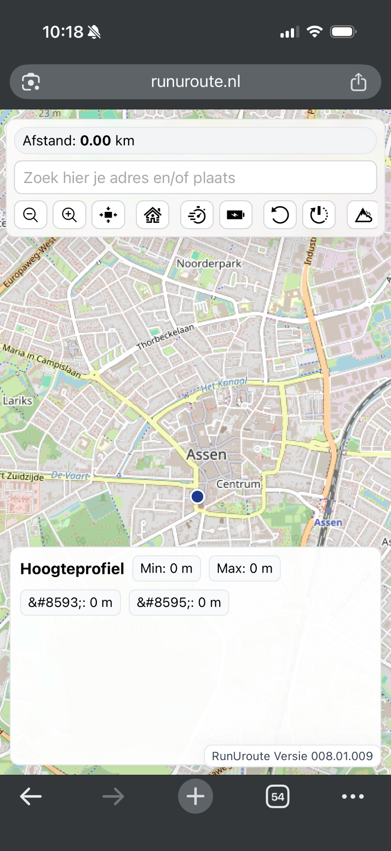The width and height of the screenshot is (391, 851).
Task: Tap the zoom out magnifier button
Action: click(x=31, y=215)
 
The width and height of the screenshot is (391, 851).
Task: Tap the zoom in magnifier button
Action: click(x=70, y=215)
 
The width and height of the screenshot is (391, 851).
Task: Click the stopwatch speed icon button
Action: click(x=197, y=215)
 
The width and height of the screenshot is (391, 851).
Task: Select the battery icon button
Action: click(x=236, y=215)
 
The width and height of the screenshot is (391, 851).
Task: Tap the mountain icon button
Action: click(x=363, y=215)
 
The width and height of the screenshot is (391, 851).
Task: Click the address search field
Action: click(x=195, y=178)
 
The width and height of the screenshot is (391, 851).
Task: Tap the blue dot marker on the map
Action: click(x=197, y=496)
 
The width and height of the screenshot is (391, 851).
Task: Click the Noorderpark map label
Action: click(x=209, y=264)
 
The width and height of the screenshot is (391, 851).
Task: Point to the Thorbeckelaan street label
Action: click(x=166, y=337)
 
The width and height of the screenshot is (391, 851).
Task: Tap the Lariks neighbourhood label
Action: click(x=18, y=401)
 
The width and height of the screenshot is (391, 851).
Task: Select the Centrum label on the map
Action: click(x=238, y=484)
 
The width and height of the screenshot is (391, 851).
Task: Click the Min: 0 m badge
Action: click(x=166, y=569)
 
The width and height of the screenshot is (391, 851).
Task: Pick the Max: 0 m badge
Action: click(x=244, y=569)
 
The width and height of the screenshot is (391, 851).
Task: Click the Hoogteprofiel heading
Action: click(x=72, y=569)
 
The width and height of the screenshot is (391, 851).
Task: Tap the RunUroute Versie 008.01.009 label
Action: click(x=292, y=756)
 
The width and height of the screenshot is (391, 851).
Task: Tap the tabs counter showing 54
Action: click(x=278, y=796)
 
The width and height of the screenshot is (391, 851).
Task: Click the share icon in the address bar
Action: click(x=358, y=82)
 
